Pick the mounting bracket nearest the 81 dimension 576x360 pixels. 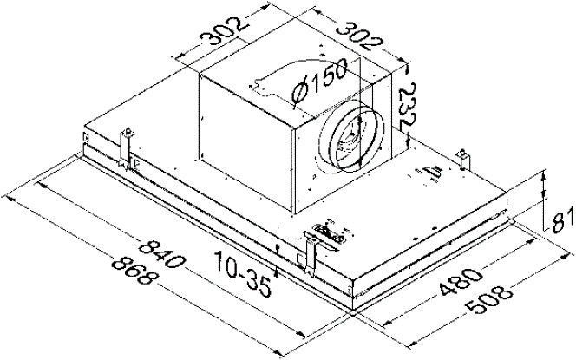465,160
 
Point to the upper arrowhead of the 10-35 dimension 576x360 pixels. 276,251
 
